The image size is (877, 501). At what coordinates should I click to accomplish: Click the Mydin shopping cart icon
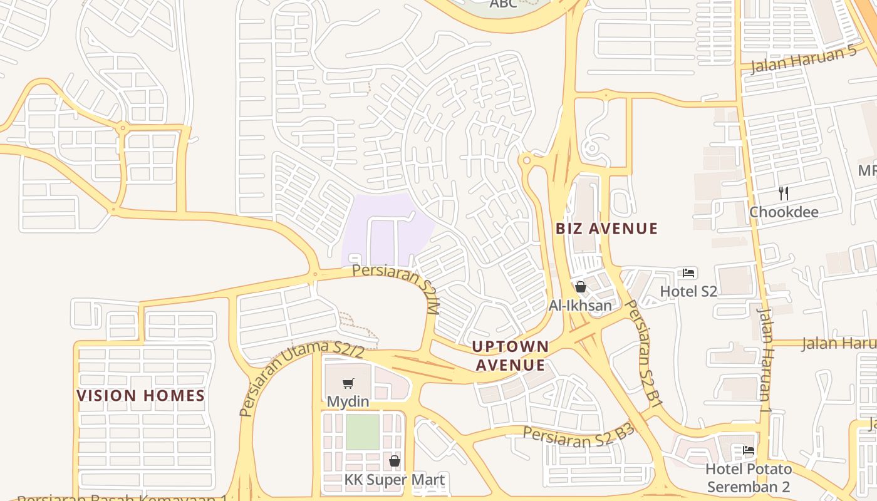click(348, 383)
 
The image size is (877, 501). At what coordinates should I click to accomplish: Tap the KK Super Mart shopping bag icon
click(395, 462)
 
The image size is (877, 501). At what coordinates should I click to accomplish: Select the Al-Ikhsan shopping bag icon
click(581, 287)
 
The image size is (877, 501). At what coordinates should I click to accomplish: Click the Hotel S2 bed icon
click(689, 273)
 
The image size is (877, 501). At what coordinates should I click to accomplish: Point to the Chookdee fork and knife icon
click(783, 193)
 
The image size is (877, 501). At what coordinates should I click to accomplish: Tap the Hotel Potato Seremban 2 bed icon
click(748, 450)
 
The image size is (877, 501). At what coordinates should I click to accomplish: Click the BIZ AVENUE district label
click(606, 229)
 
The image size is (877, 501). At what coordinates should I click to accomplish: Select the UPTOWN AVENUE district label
click(510, 356)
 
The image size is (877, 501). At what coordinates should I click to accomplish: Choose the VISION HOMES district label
click(141, 396)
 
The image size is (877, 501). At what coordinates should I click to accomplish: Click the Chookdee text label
click(784, 212)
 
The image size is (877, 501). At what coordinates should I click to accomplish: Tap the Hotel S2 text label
click(688, 291)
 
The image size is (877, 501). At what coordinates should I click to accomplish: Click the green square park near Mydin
click(363, 432)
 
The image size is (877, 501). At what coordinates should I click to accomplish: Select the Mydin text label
click(348, 401)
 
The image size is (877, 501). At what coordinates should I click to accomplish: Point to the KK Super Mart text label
click(395, 480)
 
